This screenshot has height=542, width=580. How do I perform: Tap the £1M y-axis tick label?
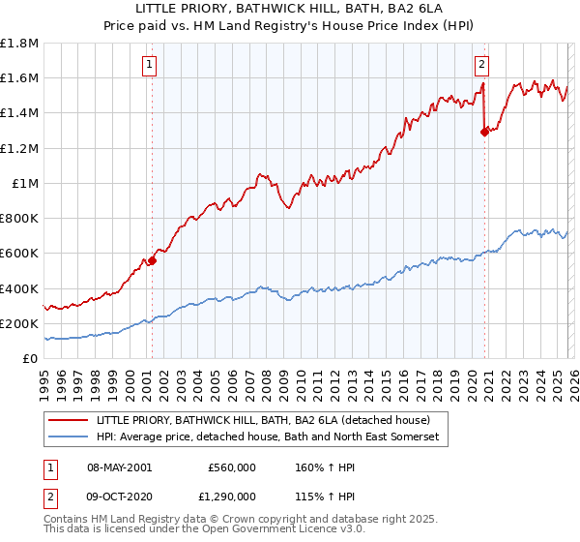click(x=26, y=183)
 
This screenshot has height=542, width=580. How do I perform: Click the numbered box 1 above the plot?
click(x=151, y=65)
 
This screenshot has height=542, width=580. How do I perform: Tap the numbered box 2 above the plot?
click(x=481, y=65)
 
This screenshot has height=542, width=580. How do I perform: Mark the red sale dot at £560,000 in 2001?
click(x=152, y=260)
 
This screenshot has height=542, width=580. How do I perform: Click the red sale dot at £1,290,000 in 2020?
click(x=484, y=133)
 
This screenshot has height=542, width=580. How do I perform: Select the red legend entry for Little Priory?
click(x=270, y=420)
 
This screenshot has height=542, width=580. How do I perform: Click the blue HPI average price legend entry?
click(x=268, y=437)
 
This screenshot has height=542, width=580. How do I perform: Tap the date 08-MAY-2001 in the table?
click(x=121, y=467)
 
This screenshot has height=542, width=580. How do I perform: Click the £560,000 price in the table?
click(x=231, y=467)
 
